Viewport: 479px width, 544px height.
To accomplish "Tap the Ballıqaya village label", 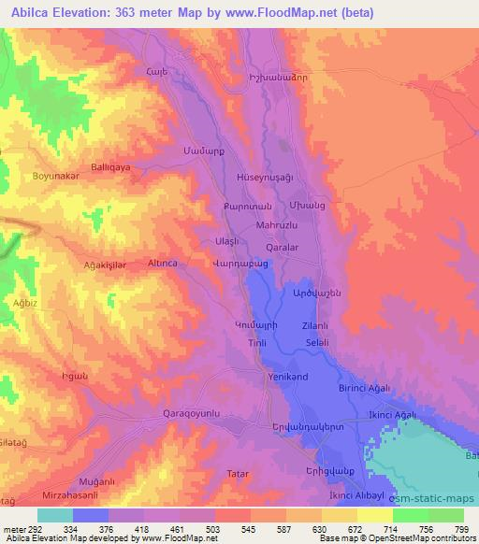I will tap(111, 162).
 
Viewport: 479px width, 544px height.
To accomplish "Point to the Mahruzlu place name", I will tap(276, 225).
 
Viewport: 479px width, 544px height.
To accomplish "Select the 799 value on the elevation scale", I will tap(463, 530).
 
